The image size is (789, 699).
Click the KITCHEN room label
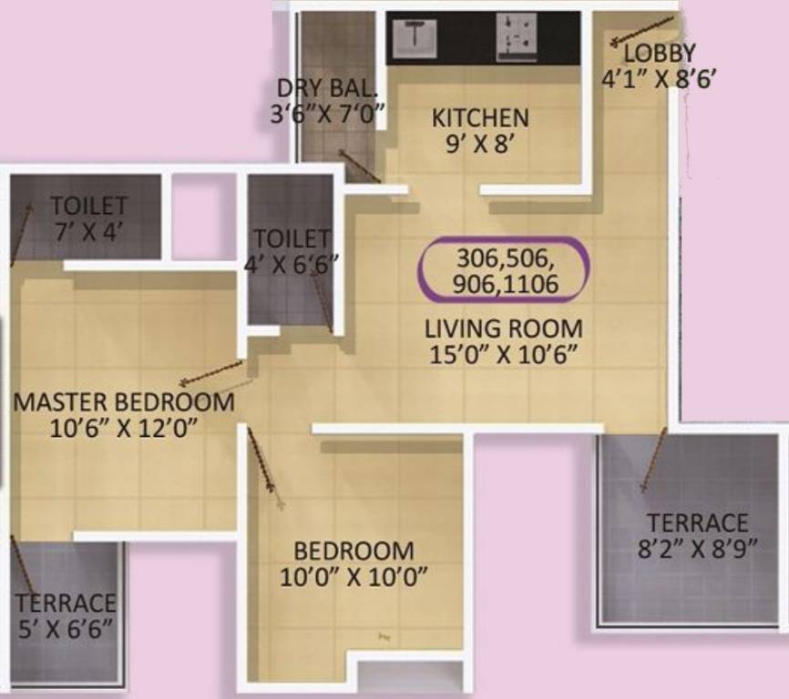(x=479, y=118)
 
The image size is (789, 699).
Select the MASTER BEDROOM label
(x=124, y=401)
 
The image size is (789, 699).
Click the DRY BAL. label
(x=326, y=89)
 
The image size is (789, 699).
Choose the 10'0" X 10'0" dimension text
(x=354, y=577)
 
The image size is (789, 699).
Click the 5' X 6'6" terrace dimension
(x=65, y=628)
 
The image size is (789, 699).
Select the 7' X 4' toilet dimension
(x=87, y=230)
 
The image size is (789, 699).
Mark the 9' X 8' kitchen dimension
(x=479, y=144)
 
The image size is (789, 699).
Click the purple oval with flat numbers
(x=504, y=270)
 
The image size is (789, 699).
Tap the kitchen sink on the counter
(x=414, y=36)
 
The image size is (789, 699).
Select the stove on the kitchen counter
(x=517, y=37)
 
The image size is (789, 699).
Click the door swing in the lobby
(x=643, y=30)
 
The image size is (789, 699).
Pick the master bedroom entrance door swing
(x=211, y=372)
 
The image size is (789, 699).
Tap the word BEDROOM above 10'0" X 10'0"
(x=354, y=552)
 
